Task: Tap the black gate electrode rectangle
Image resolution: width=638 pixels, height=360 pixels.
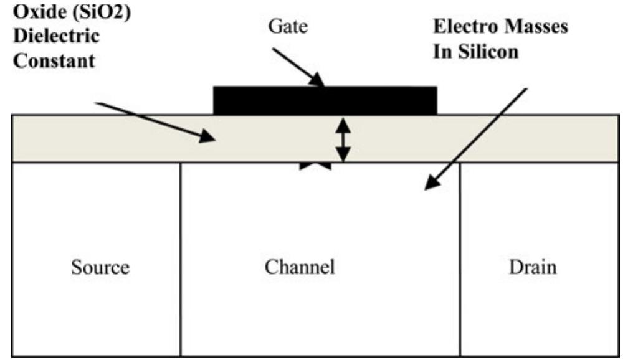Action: [x=325, y=101]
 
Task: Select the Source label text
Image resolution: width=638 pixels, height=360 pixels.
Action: [x=100, y=268]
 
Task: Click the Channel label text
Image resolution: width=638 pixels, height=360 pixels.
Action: [x=300, y=268]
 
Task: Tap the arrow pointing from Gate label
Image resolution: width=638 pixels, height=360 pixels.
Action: [x=298, y=65]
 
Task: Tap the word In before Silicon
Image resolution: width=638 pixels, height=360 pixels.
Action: [x=441, y=52]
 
